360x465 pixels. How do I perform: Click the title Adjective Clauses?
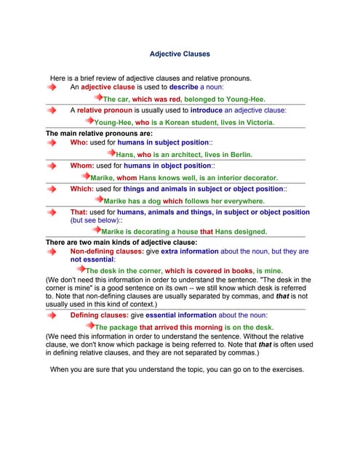click(x=180, y=54)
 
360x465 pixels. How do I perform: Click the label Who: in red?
click(x=79, y=143)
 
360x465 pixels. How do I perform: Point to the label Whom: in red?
click(x=82, y=166)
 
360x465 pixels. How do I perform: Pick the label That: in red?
click(x=79, y=212)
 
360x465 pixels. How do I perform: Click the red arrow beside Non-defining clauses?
click(x=52, y=251)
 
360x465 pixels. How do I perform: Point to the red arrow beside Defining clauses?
click(x=52, y=315)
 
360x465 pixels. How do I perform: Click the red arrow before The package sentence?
click(x=91, y=327)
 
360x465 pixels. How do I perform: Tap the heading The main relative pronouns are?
click(x=99, y=134)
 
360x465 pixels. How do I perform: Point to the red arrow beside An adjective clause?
click(x=52, y=86)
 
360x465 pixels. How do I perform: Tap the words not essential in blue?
click(x=92, y=259)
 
